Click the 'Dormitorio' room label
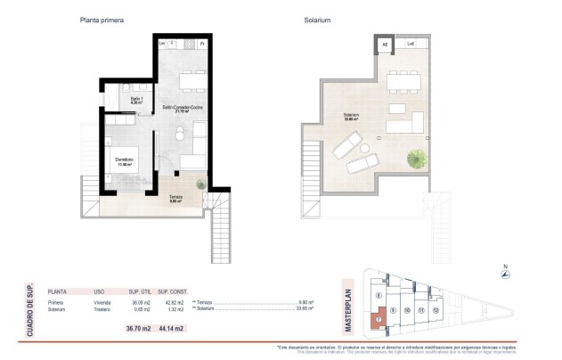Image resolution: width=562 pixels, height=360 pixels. pyautogui.click(x=123, y=160)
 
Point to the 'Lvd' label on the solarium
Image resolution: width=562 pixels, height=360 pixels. pyautogui.click(x=411, y=44)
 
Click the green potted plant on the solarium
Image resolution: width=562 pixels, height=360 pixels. pyautogui.click(x=415, y=160)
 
